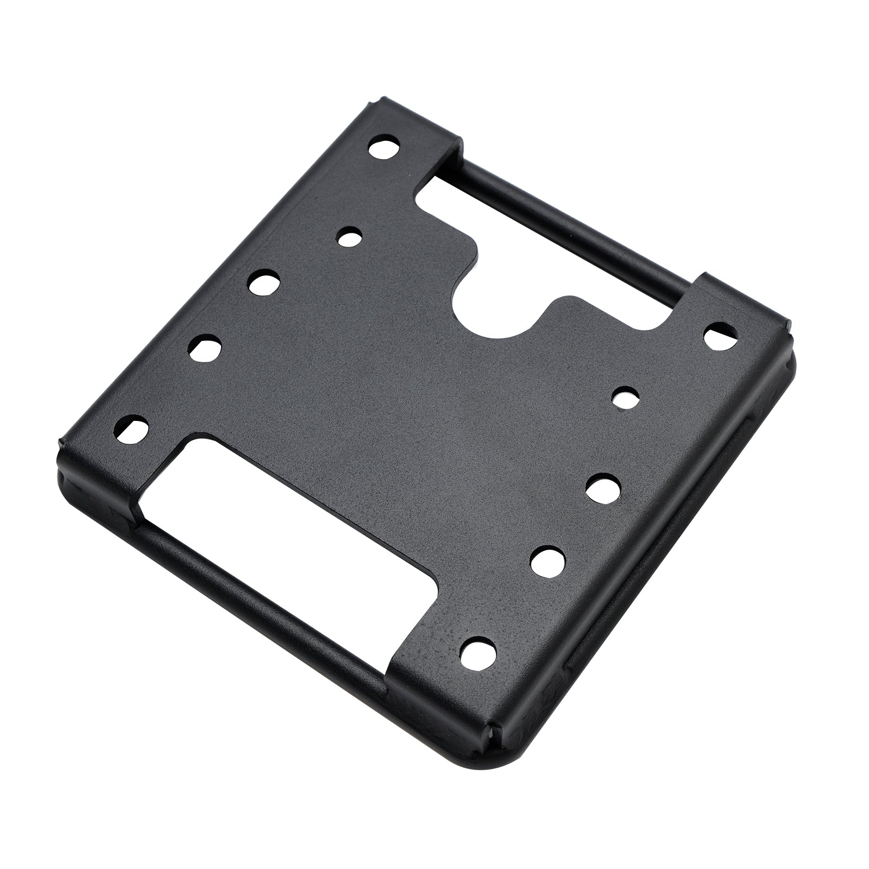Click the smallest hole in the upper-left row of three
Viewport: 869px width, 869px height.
349,237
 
